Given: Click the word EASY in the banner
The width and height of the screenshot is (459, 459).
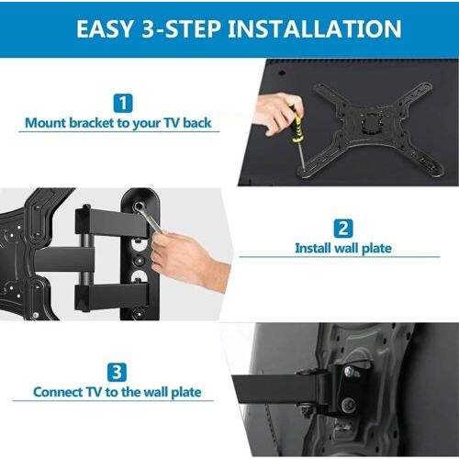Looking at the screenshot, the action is point(105,28).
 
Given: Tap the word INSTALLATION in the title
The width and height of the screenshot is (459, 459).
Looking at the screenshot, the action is point(314,28).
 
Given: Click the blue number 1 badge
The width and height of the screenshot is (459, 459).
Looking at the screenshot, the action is point(123,103).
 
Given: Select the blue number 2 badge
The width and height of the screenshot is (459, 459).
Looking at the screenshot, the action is point(343,229).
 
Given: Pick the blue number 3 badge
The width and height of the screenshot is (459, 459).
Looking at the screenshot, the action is point(117,372).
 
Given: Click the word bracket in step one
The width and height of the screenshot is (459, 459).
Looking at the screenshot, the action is point(92,123).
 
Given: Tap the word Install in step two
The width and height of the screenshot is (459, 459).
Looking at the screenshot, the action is point(313,248).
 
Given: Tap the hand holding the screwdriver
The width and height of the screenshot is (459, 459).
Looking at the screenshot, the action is point(277,113).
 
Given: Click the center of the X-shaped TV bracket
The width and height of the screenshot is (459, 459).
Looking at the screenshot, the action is point(371,123).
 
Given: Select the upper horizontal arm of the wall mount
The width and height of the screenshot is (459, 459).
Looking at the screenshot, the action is point(112,222).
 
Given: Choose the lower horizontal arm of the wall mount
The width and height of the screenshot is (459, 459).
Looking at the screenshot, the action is point(112,297).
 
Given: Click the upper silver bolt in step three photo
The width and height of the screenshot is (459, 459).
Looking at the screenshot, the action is point(349,372).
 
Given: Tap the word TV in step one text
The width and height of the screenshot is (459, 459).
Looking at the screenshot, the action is point(171,123).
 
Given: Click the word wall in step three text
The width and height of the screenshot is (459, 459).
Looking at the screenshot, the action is point(153,392).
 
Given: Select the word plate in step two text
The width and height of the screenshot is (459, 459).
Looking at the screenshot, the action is point(376,249).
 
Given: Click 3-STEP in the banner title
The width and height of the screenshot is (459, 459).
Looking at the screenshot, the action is point(182,28).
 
